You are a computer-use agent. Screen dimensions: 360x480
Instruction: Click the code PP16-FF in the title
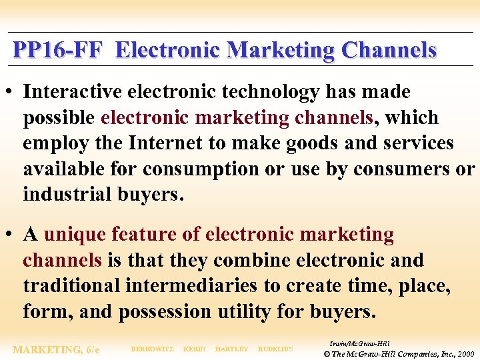58,50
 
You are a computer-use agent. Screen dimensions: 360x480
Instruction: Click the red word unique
75,235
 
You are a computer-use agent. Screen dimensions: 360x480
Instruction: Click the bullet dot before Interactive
12,92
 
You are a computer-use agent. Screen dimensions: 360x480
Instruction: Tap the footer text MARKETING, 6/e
57,349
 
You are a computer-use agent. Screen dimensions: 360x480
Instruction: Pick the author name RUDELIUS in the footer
275,349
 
